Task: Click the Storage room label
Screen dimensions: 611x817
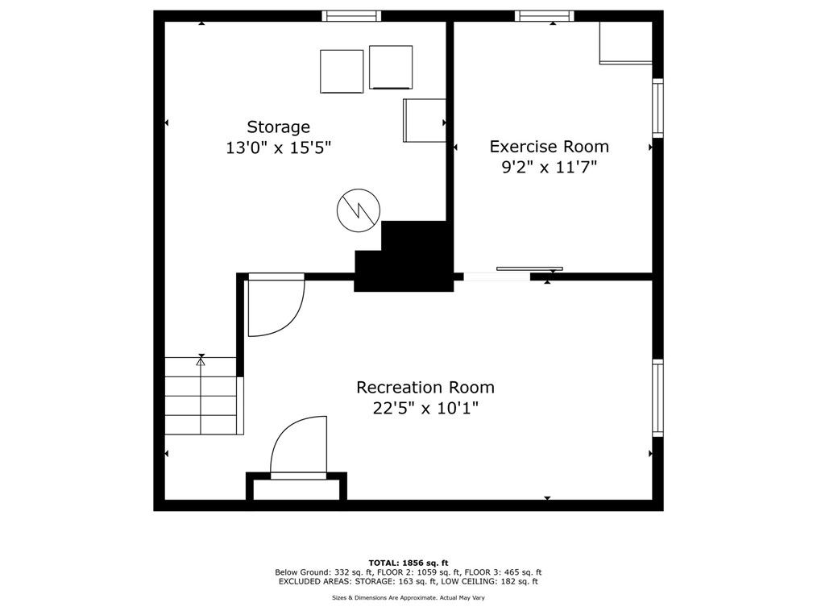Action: tap(278, 127)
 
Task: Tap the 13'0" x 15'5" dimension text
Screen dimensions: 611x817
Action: tap(278, 148)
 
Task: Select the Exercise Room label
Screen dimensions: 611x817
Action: tap(549, 147)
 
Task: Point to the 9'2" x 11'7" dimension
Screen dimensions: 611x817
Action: tap(549, 168)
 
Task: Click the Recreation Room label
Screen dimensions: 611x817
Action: tap(425, 388)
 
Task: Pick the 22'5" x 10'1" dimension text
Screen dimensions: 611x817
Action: tap(425, 408)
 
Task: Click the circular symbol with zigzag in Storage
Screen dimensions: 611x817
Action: tap(358, 210)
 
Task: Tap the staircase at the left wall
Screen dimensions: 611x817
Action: tap(201, 396)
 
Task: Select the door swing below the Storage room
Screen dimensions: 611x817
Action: tap(275, 306)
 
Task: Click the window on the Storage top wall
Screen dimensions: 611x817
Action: tap(351, 15)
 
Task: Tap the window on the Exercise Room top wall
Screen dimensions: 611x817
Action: tap(545, 15)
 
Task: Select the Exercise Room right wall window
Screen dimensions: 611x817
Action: tap(657, 108)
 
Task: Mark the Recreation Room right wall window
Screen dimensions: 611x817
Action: tap(657, 397)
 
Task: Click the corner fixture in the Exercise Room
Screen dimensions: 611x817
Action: tap(625, 43)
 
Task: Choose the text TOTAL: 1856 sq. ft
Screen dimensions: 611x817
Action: tap(408, 563)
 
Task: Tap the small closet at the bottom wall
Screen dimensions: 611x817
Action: tap(297, 489)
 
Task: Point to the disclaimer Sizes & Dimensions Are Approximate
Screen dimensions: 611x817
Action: tap(408, 597)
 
